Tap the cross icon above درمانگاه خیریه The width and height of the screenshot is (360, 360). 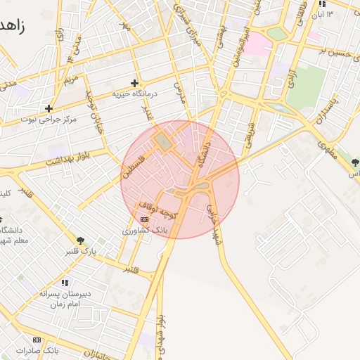(134, 83)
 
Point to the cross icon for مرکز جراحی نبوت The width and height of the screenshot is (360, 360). (49, 108)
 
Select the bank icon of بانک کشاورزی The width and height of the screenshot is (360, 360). (145, 220)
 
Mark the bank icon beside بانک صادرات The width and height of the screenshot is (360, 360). (37, 339)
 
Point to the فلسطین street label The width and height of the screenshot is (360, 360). (132, 161)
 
